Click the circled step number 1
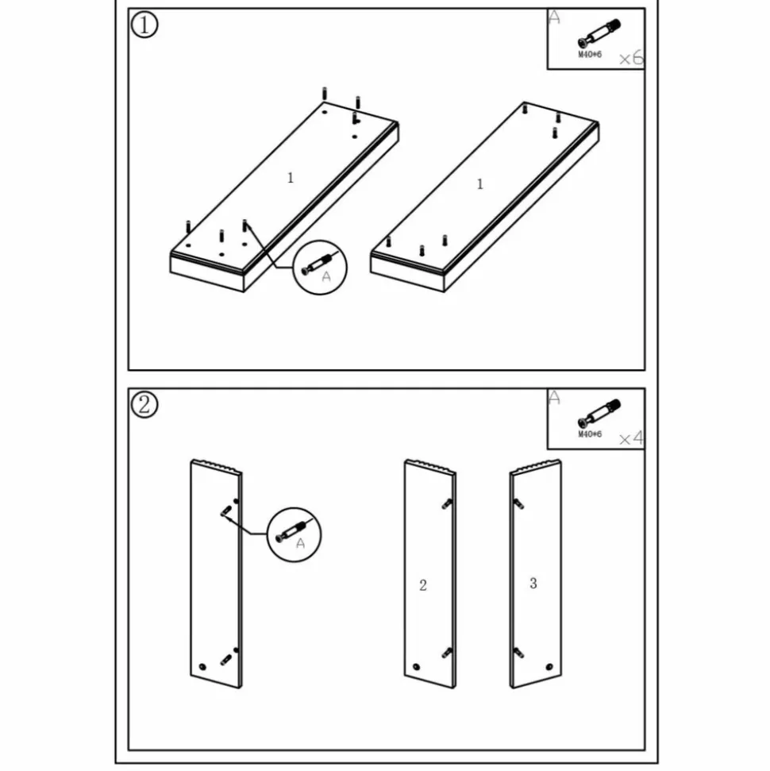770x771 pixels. tap(144, 25)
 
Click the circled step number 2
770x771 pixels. tap(144, 405)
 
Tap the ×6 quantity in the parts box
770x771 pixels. tap(631, 58)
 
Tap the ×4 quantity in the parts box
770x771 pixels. tap(631, 438)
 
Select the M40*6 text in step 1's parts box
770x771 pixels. tap(590, 54)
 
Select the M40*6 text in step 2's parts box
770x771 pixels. tap(590, 434)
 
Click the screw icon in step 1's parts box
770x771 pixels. tap(599, 33)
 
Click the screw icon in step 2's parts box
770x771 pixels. tap(599, 413)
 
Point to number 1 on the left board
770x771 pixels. tap(291, 178)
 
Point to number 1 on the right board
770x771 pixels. tap(480, 184)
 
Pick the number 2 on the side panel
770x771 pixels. tap(423, 585)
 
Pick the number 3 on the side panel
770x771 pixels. tap(533, 583)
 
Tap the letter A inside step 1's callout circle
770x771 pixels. tap(326, 277)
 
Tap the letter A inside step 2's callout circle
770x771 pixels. tap(300, 543)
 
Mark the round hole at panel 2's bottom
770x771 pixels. tap(417, 667)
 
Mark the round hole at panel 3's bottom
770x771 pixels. tap(549, 667)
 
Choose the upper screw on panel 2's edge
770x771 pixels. tap(447, 503)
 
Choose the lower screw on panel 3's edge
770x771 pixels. tap(518, 653)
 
